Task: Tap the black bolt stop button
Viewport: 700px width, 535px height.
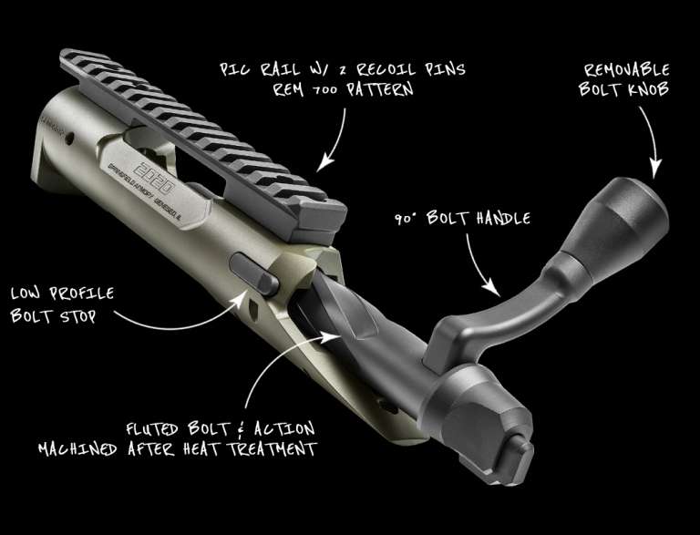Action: [x=254, y=273]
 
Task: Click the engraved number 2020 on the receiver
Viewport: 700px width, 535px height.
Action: [x=154, y=178]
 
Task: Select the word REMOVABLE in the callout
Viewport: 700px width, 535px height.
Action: [x=626, y=70]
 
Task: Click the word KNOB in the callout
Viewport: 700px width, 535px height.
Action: [x=649, y=89]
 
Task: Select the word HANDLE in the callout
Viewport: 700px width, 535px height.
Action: [x=503, y=218]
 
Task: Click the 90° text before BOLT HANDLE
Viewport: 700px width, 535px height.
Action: [x=406, y=219]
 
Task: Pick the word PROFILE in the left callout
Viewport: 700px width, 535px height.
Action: [x=81, y=293]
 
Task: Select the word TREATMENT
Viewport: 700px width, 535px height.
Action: [x=273, y=448]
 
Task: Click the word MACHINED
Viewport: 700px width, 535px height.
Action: [x=77, y=448]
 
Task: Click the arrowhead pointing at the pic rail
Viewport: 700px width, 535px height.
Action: [x=325, y=163]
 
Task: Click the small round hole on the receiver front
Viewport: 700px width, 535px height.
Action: [x=69, y=139]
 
